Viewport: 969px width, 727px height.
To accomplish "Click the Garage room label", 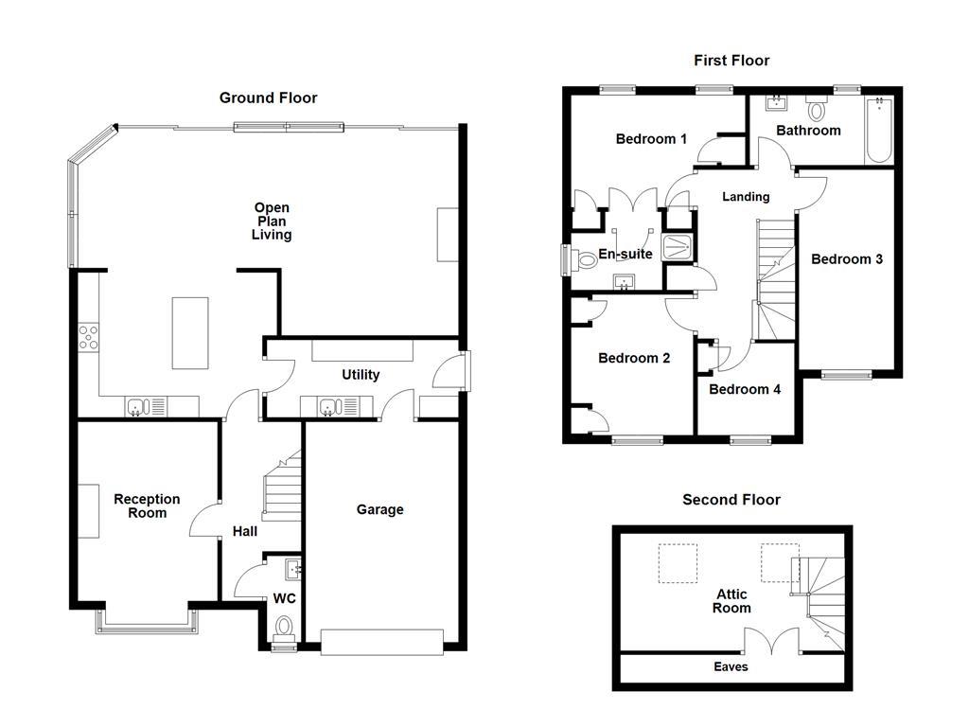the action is coord(380,509).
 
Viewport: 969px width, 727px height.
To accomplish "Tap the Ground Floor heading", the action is coord(268,98).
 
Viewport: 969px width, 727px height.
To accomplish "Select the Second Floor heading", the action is coord(731,500).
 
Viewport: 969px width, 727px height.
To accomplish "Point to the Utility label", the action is coord(361,375).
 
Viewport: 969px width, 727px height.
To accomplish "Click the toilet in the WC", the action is coord(284,629).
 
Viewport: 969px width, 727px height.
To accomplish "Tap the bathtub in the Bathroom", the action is coord(879,129).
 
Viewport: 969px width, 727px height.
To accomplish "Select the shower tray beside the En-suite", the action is coord(678,247).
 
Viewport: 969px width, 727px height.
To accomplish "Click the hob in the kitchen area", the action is coord(88,337).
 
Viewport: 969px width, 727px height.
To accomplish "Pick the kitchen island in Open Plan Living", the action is coord(189,332).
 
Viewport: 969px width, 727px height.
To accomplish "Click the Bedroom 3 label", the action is coord(847,259).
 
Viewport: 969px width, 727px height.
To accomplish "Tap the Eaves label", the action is coord(731,666).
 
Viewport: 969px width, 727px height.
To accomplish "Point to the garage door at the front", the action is coord(382,642).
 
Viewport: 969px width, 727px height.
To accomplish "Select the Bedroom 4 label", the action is coord(745,389).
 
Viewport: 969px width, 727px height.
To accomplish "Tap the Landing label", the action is coord(746,197).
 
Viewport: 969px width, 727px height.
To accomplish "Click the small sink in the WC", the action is coord(293,569).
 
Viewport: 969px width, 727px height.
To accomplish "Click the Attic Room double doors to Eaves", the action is coord(772,641).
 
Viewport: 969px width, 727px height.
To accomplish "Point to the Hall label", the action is coord(245,531).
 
